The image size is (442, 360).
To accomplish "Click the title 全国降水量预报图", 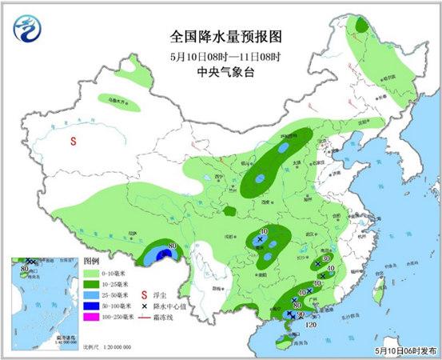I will [226, 37].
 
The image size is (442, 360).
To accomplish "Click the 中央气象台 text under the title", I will [226, 70].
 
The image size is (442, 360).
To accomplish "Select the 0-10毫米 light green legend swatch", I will [92, 273].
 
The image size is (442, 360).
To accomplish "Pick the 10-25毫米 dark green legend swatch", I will [92, 284].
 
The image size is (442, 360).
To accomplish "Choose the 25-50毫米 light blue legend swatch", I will [92, 295].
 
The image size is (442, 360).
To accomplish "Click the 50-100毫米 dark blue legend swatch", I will [92, 306].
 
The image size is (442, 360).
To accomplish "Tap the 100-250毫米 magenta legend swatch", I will [92, 318].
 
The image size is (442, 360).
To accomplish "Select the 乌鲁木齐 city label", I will [119, 102].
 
